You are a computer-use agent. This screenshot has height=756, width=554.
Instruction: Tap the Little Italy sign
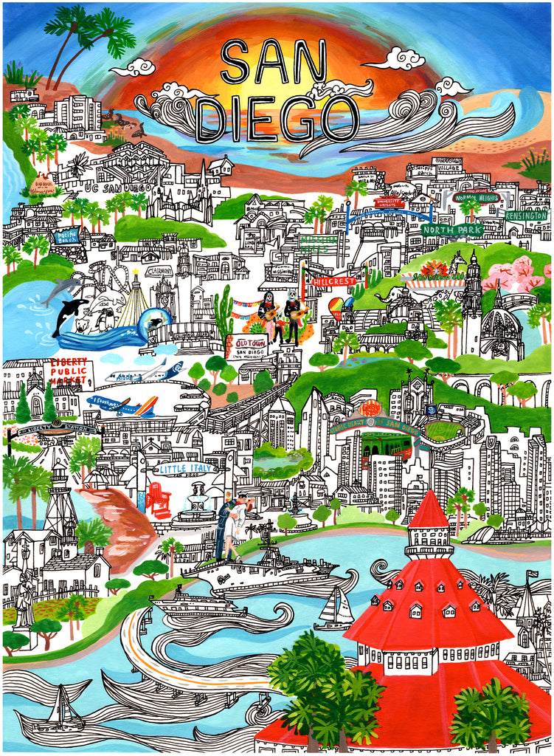(x=184, y=468)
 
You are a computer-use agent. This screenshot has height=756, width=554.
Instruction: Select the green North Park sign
(x=451, y=230)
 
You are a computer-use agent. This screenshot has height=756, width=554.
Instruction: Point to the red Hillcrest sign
(x=333, y=281)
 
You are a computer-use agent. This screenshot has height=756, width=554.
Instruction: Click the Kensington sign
(x=526, y=215)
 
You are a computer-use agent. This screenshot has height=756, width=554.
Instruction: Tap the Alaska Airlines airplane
(x=145, y=372)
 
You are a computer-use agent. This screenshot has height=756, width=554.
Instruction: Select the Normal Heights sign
(x=477, y=198)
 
